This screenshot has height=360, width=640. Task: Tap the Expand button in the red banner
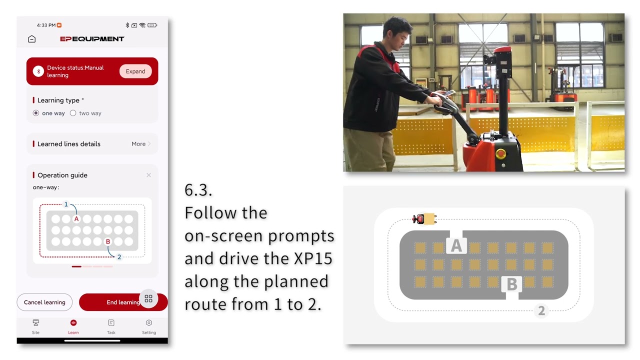pos(135,71)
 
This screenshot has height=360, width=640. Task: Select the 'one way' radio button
pos(35,113)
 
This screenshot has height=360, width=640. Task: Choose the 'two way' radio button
pos(73,113)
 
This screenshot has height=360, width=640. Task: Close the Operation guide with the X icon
pos(148,175)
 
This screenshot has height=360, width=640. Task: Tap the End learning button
pos(123,302)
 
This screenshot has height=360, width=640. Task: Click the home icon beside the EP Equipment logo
pos(31,39)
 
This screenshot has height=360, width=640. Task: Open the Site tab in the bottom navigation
pos(35,327)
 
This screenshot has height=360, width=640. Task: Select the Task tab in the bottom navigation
pos(111,327)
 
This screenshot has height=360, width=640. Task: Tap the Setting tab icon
pos(149,323)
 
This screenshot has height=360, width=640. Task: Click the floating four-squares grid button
pos(148,298)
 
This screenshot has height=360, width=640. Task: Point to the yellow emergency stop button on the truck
pos(500,153)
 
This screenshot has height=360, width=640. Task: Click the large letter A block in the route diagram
pos(456,245)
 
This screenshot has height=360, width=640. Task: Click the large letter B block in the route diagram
pos(511,284)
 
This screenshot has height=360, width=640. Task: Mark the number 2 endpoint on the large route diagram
pos(541,310)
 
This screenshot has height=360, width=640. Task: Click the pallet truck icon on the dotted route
pos(424,219)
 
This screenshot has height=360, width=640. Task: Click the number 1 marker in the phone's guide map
pos(66,204)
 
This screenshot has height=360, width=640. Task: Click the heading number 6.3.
pos(198,190)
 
